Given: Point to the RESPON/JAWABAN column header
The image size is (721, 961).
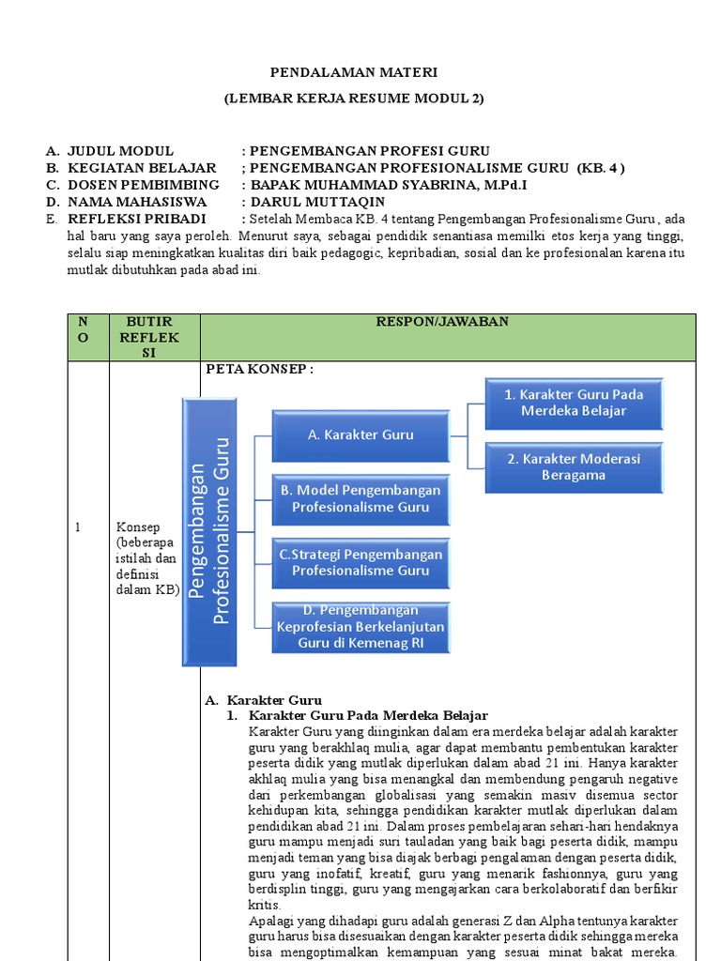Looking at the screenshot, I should point(448,321).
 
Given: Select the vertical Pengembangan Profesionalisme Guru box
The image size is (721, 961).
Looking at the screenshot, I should point(209,531).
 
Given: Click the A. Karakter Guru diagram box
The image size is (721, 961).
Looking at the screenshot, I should point(360,435).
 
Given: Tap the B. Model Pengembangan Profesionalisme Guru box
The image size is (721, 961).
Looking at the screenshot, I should point(360,498).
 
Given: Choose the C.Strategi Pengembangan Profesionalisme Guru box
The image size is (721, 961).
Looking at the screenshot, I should point(360,562).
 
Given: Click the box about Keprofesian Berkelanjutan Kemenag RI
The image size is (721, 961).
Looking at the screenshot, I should point(360,627).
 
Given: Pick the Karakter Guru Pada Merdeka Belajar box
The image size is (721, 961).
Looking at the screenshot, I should point(573,403).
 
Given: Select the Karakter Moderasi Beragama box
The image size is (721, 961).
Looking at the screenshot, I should point(573,466).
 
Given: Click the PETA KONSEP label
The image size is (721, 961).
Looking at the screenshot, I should point(258,370).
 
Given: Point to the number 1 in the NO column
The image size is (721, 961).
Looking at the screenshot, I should point(78,527).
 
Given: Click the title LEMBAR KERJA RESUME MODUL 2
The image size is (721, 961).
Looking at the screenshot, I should point(354,99).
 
